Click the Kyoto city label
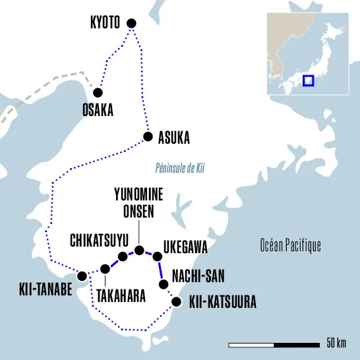point(105,24)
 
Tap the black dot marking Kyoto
point(131,24)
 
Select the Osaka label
point(98,110)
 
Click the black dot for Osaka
point(98,93)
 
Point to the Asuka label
point(174,138)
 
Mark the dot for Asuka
point(148,137)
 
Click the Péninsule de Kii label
point(180,168)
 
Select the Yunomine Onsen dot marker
point(139,250)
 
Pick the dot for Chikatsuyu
point(122,256)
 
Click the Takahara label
point(121,296)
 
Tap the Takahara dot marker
point(105,268)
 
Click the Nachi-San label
point(195,274)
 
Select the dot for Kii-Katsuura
point(176,302)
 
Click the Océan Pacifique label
point(290,246)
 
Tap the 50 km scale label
point(336,344)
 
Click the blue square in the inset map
point(307,80)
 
